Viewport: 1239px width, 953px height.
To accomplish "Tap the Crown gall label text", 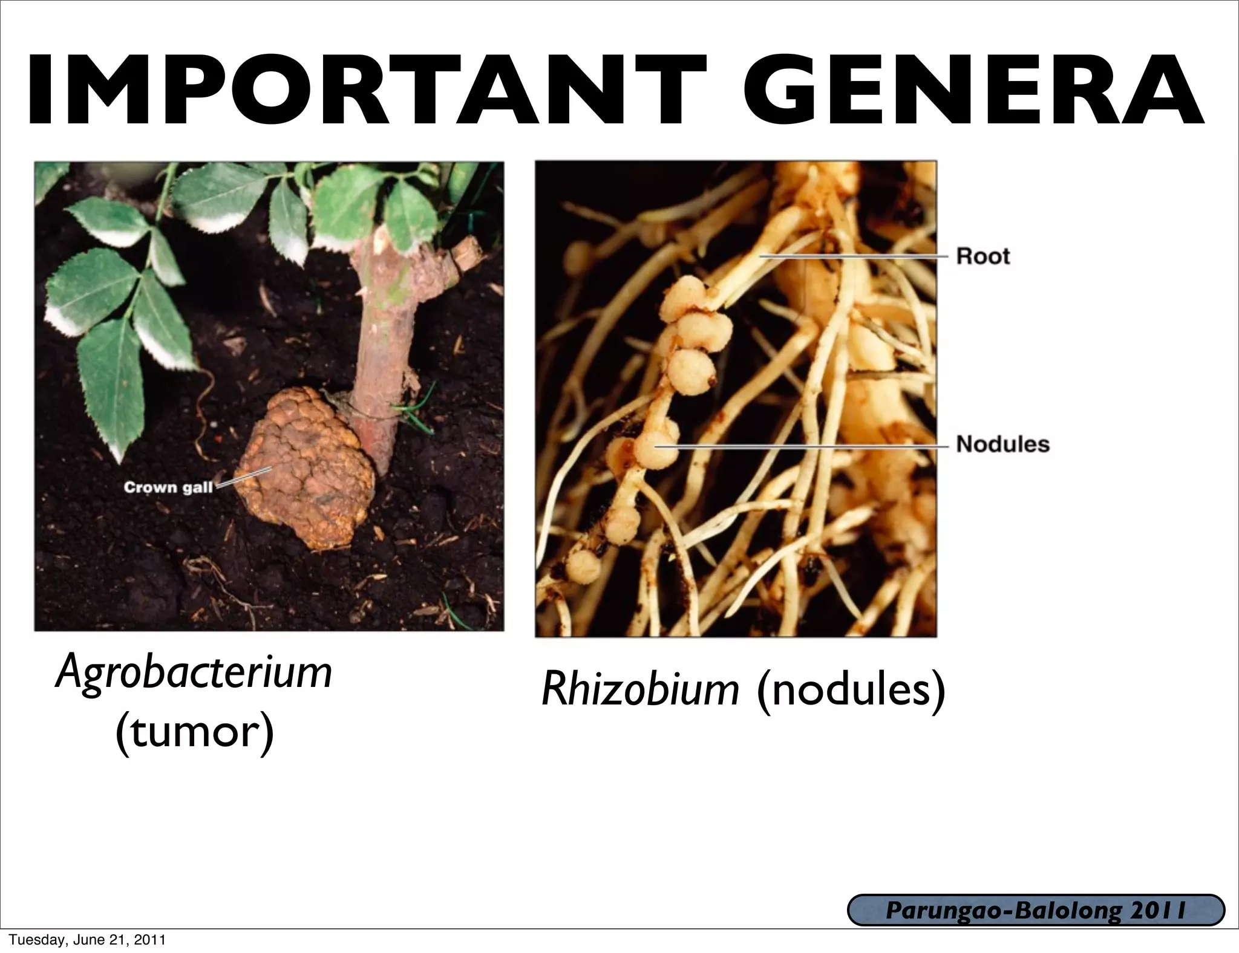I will click(x=168, y=487).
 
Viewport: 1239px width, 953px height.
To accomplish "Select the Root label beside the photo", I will click(x=983, y=256).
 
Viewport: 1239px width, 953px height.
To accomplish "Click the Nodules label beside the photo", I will click(x=1002, y=444).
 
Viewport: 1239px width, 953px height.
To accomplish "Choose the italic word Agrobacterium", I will click(x=194, y=673).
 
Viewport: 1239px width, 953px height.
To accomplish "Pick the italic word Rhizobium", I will click(x=640, y=689).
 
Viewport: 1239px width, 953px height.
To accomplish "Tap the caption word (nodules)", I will click(x=851, y=689).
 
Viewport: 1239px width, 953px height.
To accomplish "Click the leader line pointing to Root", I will click(x=853, y=256).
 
